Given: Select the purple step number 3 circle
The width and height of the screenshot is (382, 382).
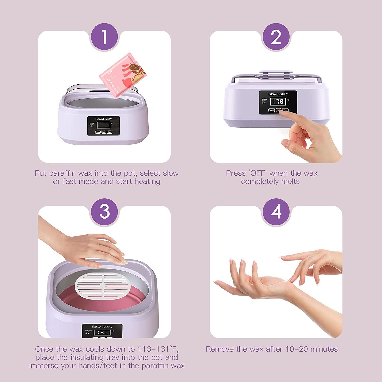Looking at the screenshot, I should pyautogui.click(x=104, y=211).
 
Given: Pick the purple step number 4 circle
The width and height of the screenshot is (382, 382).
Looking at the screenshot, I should pyautogui.click(x=276, y=211).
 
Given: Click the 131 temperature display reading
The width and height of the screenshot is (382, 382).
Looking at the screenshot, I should pyautogui.click(x=102, y=332).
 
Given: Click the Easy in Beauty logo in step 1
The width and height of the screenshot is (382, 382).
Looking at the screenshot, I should pyautogui.click(x=103, y=119).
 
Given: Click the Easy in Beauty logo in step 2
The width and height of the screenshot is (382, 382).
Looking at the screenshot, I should pyautogui.click(x=278, y=94).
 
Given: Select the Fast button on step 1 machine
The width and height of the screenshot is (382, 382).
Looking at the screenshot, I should pyautogui.click(x=109, y=132).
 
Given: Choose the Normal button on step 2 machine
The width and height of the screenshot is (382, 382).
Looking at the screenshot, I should pyautogui.click(x=271, y=110).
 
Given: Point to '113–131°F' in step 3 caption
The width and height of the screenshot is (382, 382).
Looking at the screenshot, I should pyautogui.click(x=156, y=349).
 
